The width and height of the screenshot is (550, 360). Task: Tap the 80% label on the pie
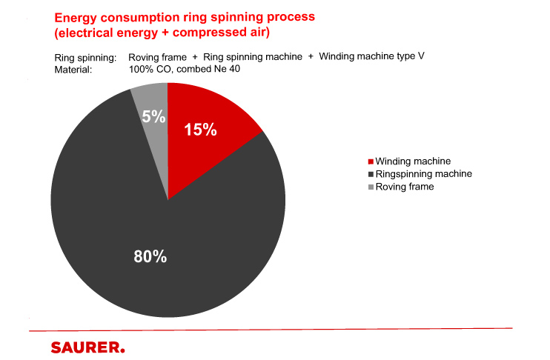pos(150,256)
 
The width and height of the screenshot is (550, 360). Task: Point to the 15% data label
pos(200,130)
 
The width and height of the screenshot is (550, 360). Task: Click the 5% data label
pos(153,116)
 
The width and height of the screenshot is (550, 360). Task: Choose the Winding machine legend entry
pos(409,161)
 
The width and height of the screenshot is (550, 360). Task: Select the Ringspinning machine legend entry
pos(420,174)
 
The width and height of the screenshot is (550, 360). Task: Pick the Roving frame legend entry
pos(401,187)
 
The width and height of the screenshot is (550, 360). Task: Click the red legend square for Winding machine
pos(371,161)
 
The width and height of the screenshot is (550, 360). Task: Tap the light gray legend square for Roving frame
pos(371,187)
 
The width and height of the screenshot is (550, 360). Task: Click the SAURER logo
pos(87,347)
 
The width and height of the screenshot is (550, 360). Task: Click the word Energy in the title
pos(73,19)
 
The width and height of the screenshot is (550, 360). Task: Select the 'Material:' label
pos(73,70)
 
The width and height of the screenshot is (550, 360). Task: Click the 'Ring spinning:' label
pos(85,58)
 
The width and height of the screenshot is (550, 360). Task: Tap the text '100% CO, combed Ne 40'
pos(185,69)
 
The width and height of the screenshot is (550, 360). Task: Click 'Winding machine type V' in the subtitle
pos(371,56)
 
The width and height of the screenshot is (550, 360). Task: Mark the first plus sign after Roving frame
pos(195,57)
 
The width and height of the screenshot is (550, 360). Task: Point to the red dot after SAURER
pos(122,350)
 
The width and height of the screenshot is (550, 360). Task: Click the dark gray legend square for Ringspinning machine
pos(371,174)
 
